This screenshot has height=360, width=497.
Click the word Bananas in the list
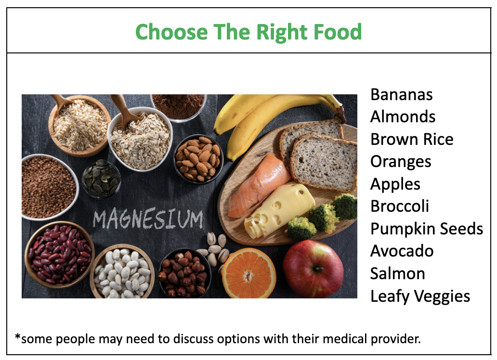pos(401,94)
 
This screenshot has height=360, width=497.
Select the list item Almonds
pos(403,116)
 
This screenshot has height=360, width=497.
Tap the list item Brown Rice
pos(412,139)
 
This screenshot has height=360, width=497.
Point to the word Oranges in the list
pos(401,162)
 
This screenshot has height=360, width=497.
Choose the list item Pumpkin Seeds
pos(427,229)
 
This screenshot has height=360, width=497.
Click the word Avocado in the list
pos(402,251)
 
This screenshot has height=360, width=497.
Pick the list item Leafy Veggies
pos(420,296)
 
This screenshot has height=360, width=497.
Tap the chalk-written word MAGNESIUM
pos(148,219)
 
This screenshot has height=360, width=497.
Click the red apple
pos(313,269)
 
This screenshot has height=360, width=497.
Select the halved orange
pos(249,273)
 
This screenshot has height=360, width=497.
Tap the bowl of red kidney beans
pos(59,254)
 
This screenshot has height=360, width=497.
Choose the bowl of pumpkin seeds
pos(102,179)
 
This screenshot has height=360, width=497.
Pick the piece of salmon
pos(259,186)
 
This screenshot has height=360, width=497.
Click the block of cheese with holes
pos(279,210)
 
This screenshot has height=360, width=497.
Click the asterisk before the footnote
pos(18,336)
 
